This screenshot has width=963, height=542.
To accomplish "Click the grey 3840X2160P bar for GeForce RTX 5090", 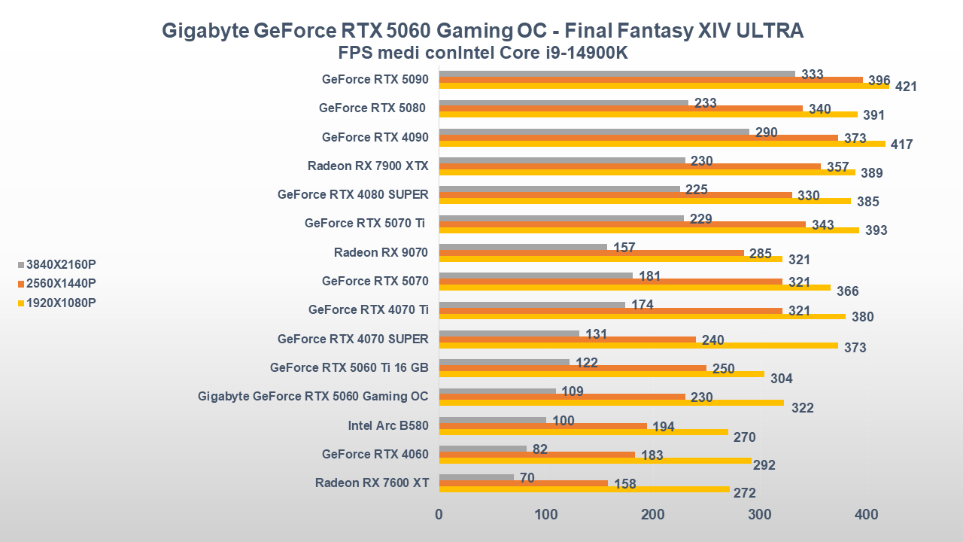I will (x=617, y=74).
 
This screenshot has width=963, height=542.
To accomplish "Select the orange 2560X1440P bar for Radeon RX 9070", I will (x=591, y=253).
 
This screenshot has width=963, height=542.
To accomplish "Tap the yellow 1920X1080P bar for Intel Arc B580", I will (x=584, y=432).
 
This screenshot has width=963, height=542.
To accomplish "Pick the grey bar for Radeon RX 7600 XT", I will (x=476, y=477).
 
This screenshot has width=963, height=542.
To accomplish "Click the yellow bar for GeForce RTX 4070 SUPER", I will (x=638, y=346).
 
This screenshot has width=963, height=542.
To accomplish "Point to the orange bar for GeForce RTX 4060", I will (x=537, y=455).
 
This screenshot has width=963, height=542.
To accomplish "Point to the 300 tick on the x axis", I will (x=760, y=515).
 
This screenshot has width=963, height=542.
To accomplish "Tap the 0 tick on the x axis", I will (x=439, y=515).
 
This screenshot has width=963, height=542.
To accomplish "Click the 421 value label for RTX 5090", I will (x=906, y=87).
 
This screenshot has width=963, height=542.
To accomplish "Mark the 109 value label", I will (x=573, y=391).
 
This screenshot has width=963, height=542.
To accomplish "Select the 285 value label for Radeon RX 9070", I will (x=761, y=254).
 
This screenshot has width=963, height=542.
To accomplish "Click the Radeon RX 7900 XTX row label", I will (x=368, y=166).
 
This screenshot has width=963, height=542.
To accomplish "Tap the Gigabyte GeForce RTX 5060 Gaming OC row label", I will (x=313, y=396).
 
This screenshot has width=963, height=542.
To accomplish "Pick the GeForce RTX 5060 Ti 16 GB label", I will (x=349, y=367).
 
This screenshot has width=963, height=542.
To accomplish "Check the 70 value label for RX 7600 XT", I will (x=527, y=477).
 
